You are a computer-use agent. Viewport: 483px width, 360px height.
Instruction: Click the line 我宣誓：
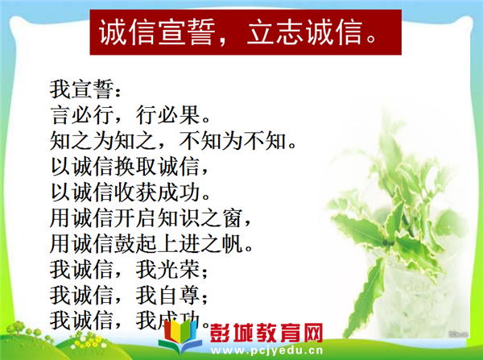click(x=85, y=89)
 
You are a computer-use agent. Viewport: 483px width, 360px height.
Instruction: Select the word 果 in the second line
click(x=190, y=115)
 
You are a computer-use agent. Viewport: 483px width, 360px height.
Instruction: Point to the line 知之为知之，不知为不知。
click(x=173, y=141)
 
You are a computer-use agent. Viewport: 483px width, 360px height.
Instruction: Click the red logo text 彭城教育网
click(x=266, y=333)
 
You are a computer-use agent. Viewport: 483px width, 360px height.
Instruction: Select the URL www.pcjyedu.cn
click(x=266, y=350)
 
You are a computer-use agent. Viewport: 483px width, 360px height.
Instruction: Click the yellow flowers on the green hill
click(x=86, y=342)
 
